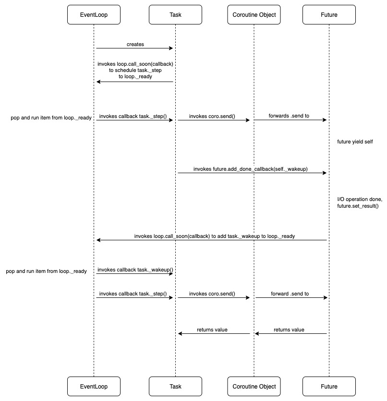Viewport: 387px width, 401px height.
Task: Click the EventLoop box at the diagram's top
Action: point(94,14)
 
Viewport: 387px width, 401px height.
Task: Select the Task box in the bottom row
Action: point(175,386)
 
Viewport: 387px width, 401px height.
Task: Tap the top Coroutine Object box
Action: point(254,14)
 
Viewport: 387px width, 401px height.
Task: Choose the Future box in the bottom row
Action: point(329,386)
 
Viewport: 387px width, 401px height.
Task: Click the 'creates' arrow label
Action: point(135,44)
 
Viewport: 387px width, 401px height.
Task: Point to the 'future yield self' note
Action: point(355,142)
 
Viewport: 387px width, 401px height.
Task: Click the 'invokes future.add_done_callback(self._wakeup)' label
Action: point(251,169)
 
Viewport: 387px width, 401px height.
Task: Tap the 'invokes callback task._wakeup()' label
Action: point(135,270)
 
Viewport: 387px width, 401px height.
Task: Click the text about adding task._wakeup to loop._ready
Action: point(211,236)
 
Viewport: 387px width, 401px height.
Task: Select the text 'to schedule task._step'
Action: point(135,70)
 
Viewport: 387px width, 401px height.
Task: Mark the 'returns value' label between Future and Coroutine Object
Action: point(289,330)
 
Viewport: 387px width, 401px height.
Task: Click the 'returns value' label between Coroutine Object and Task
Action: point(212,330)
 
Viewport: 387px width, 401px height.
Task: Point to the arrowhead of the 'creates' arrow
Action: point(170,48)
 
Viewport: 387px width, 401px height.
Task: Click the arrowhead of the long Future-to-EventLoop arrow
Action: point(98,240)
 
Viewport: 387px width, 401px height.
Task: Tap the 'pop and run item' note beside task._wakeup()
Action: point(46,271)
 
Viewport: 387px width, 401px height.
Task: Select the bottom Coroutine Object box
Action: point(254,386)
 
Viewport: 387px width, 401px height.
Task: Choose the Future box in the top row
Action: point(329,14)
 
